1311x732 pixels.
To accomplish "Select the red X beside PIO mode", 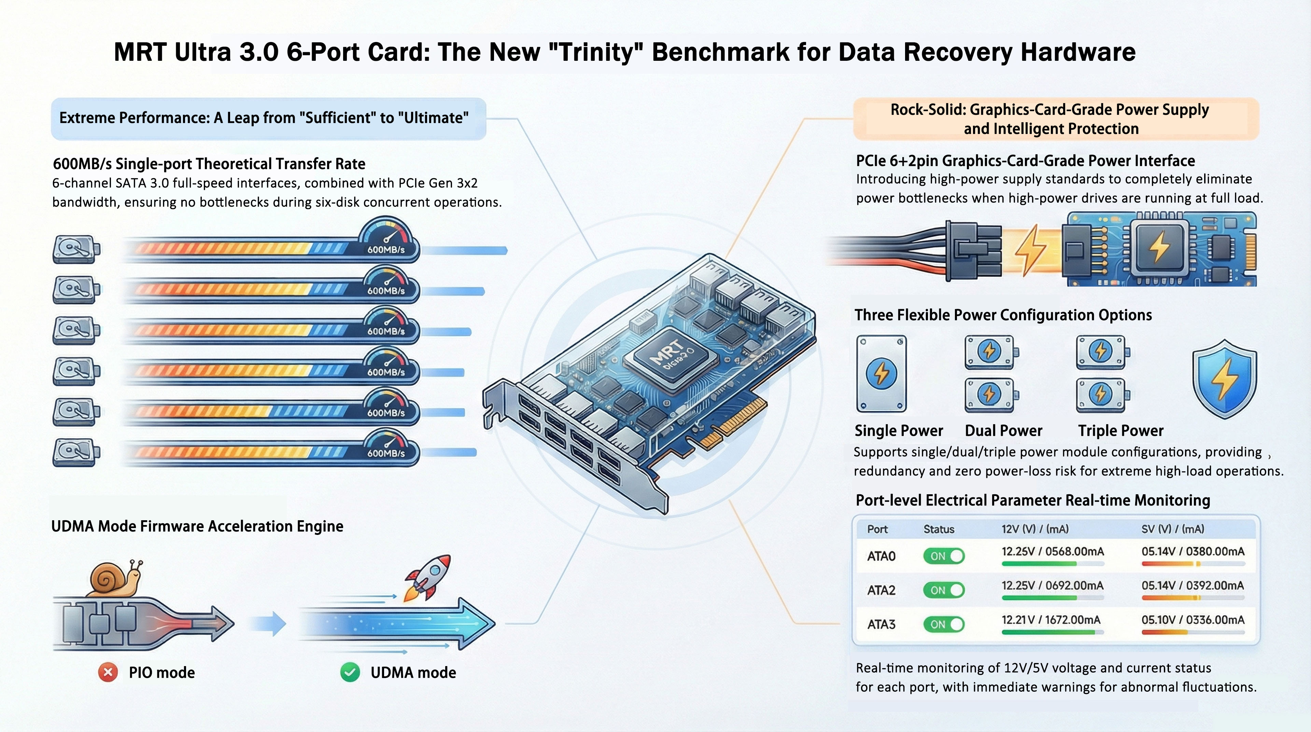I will (108, 673).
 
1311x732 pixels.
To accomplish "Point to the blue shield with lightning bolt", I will (1224, 379).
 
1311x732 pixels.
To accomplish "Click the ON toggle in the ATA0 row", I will (944, 556).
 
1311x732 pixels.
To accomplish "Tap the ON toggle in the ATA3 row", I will (944, 624).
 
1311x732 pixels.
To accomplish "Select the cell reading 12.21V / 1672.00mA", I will (1051, 620).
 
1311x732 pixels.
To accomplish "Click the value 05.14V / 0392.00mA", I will (1193, 586).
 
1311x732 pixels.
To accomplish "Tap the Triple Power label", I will (1120, 431).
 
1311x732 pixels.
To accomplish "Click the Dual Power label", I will (1003, 431).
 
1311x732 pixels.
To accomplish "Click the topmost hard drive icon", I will (76, 249).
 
